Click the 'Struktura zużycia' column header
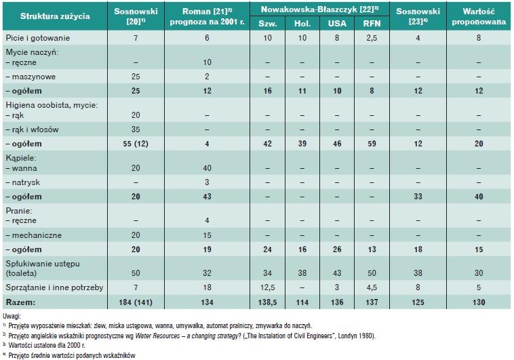[x=55, y=16]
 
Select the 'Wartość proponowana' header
[x=479, y=16]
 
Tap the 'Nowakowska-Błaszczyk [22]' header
[x=319, y=9]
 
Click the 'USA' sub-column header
[x=337, y=23]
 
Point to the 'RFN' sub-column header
[x=372, y=23]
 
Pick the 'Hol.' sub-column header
[x=302, y=23]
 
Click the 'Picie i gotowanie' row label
[x=38, y=38]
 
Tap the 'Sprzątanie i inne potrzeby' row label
[x=54, y=287]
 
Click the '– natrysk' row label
[x=22, y=182]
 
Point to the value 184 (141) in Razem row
[x=136, y=302]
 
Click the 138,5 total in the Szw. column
[x=267, y=302]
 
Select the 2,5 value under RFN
[x=372, y=38]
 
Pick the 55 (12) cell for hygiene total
[x=136, y=144]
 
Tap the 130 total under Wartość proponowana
[x=479, y=302]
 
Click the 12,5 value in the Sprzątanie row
[x=267, y=287]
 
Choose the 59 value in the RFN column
[x=372, y=144]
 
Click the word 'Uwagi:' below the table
[x=12, y=317]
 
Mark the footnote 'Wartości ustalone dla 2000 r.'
[x=47, y=346]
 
